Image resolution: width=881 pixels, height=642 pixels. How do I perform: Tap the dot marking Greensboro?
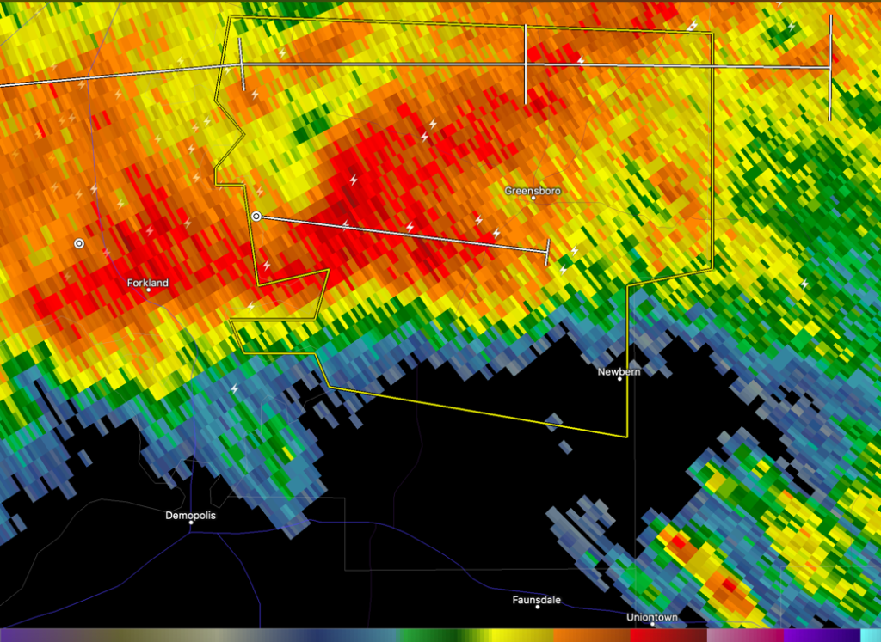point(533,199)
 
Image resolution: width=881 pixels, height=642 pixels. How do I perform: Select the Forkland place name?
point(147,282)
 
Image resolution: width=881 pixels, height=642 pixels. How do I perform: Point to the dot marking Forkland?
point(148,290)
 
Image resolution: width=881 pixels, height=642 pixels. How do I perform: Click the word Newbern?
point(619,371)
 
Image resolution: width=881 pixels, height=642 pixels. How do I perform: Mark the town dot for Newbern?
point(619,379)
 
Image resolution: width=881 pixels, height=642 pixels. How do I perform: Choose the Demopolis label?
point(190,516)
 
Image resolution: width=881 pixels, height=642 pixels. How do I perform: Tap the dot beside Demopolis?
point(190,523)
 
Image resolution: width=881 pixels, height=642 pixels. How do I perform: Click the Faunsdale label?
point(536,600)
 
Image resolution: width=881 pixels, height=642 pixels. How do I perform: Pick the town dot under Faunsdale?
point(538,607)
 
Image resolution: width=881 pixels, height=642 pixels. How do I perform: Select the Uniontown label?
point(651,617)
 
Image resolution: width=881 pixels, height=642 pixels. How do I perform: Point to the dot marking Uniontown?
point(652,624)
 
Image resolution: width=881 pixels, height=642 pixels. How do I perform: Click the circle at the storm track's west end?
point(256,216)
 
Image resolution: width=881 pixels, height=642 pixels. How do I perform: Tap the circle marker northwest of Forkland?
point(79,244)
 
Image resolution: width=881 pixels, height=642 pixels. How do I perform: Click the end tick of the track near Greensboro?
point(547,252)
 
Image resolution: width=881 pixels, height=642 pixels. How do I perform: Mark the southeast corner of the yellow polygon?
point(626,436)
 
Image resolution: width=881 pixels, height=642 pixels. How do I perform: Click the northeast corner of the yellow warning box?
point(712,34)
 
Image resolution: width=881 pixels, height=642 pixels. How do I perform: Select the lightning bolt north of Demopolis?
point(234,389)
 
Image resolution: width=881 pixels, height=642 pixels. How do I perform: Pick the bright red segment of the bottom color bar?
point(654,635)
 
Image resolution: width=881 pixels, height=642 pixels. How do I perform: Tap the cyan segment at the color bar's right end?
point(870,635)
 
